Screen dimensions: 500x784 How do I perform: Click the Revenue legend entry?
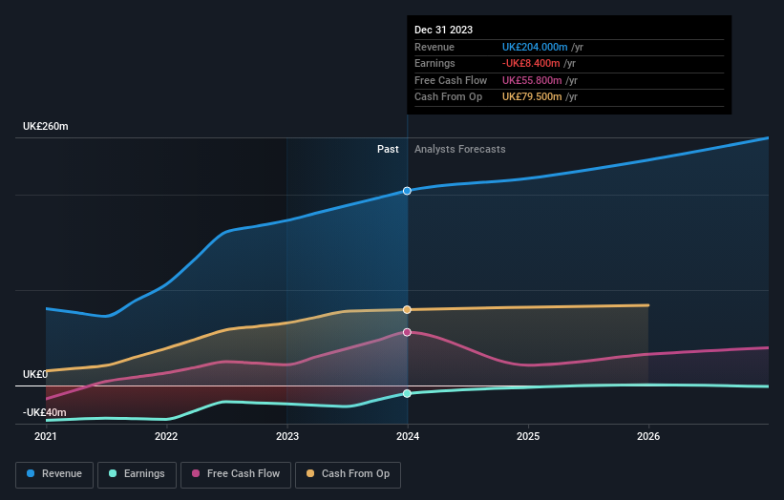click(x=54, y=473)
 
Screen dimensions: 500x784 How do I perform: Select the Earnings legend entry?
click(x=137, y=473)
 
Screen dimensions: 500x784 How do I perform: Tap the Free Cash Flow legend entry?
click(x=235, y=473)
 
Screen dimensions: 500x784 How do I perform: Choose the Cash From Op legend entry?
click(x=349, y=473)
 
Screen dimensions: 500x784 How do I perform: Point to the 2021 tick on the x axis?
click(x=46, y=437)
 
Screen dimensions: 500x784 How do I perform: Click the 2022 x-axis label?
click(x=166, y=437)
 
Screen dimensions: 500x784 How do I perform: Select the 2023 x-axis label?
click(x=286, y=437)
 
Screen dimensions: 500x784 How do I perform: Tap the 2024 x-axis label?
click(x=408, y=437)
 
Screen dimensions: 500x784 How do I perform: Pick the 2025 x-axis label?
click(x=528, y=437)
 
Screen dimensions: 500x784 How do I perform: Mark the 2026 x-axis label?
click(x=648, y=437)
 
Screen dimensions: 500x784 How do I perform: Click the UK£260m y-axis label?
click(x=46, y=127)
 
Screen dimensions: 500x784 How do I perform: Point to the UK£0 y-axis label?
click(x=36, y=374)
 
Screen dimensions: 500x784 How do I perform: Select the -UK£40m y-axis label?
click(x=45, y=412)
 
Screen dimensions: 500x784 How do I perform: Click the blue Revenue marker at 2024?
click(x=408, y=191)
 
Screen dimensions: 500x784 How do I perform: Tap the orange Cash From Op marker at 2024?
click(x=408, y=309)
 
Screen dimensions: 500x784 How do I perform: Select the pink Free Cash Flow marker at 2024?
click(x=408, y=332)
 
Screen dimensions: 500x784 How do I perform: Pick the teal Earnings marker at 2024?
click(x=408, y=393)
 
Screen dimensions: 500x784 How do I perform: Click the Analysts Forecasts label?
click(x=459, y=149)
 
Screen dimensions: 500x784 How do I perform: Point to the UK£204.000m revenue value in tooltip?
click(x=535, y=48)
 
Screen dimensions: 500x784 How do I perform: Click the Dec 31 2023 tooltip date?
click(x=443, y=31)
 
